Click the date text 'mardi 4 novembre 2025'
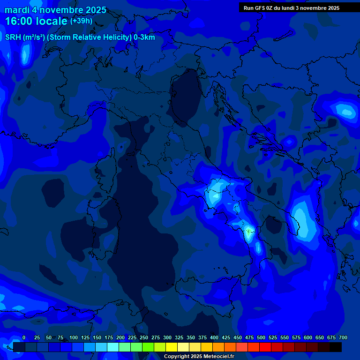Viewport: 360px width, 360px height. (55, 10)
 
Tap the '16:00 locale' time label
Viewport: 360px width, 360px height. (36, 21)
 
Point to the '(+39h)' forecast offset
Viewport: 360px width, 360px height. (81, 21)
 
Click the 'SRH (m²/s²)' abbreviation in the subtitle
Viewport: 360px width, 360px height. (25, 37)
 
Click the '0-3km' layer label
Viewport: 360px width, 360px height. (144, 37)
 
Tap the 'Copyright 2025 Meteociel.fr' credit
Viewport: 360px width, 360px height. (199, 356)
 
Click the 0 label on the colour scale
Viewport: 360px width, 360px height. (24, 338)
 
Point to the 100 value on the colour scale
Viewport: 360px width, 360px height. (74, 338)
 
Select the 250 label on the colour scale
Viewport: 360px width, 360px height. (144, 338)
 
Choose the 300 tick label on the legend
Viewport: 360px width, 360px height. (167, 338)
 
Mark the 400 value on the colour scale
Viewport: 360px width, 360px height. (214, 338)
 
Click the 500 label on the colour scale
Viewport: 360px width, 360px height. (261, 338)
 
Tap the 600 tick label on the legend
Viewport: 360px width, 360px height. (308, 338)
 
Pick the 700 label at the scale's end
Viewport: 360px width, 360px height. (343, 338)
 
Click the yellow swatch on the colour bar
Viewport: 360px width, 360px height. (172, 347)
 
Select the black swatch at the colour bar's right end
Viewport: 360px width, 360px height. (336, 347)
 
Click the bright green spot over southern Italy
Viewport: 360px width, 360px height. (248, 230)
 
